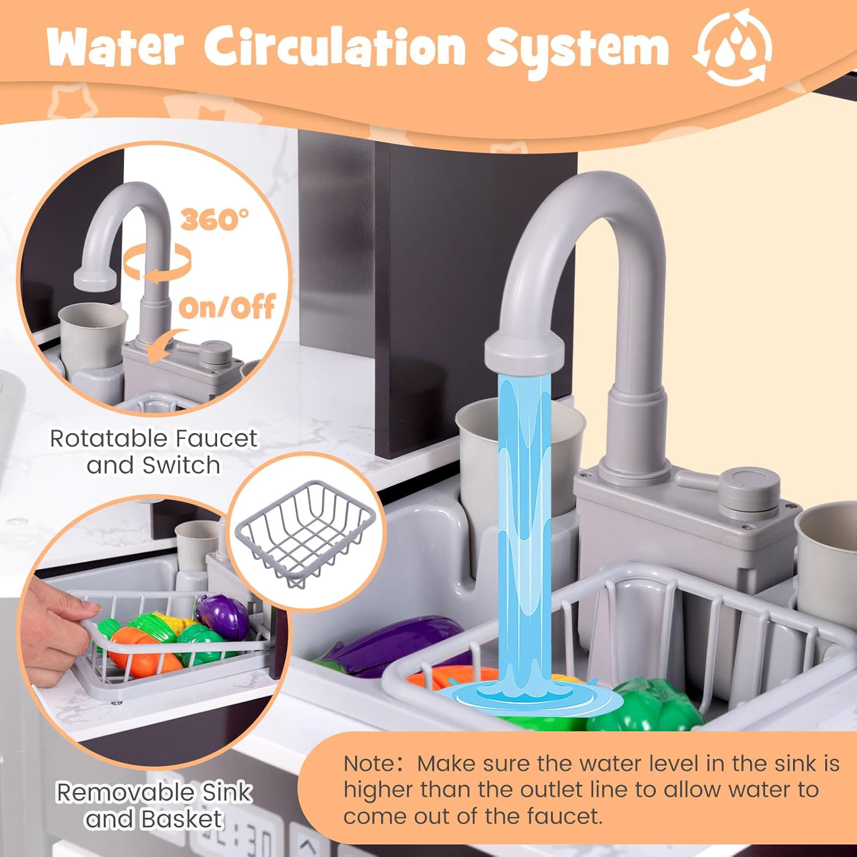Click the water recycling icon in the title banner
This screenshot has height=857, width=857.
click(x=732, y=47)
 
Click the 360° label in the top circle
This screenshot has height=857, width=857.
click(x=215, y=219)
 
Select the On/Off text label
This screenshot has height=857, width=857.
click(x=227, y=307)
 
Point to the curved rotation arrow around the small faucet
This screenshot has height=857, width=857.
click(x=157, y=263)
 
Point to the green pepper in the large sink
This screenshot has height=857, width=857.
click(x=646, y=706)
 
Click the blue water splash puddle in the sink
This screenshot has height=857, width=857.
click(x=526, y=694)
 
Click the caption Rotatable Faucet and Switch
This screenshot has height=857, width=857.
click(x=153, y=451)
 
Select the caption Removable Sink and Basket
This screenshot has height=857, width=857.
click(x=154, y=805)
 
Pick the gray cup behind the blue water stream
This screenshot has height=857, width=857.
click(x=520, y=457)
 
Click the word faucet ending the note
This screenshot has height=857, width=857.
click(x=564, y=815)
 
